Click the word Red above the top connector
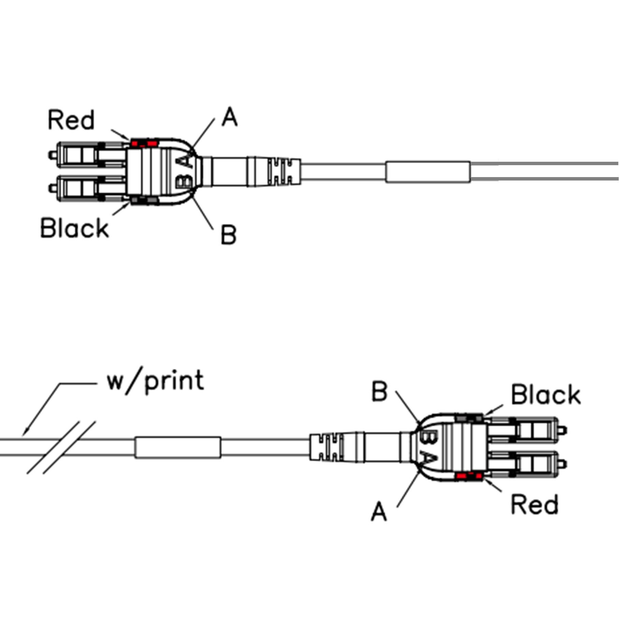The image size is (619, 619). click(x=71, y=120)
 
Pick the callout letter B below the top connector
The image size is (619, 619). click(x=229, y=234)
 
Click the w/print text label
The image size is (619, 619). click(x=156, y=381)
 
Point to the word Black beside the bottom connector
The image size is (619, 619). click(x=546, y=395)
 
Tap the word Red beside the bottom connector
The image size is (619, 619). click(x=534, y=505)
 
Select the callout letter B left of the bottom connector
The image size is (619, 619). click(x=379, y=391)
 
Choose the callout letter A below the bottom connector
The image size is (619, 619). click(x=379, y=512)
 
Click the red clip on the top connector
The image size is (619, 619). click(x=145, y=143)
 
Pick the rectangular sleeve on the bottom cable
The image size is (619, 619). click(x=177, y=447)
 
